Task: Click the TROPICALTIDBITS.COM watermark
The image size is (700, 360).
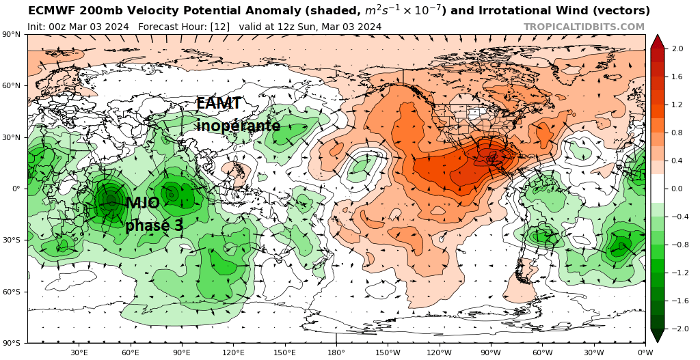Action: [x=584, y=27]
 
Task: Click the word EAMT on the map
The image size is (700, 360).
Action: [x=219, y=104]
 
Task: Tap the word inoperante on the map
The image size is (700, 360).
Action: [x=238, y=126]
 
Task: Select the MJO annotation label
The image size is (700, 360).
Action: [x=142, y=203]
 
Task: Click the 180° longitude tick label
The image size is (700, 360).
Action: [x=336, y=352]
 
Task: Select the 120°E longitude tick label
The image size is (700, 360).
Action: [x=233, y=352]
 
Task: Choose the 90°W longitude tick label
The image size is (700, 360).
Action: [x=490, y=352]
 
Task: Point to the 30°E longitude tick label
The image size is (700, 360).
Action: [x=79, y=352]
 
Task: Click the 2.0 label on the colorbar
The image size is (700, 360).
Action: [x=678, y=49]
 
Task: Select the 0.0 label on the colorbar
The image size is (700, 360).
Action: [x=678, y=189]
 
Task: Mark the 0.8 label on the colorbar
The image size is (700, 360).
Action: [x=678, y=133]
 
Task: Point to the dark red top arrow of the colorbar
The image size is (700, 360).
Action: [x=657, y=40]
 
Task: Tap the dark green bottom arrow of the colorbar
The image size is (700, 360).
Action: [x=657, y=335]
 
